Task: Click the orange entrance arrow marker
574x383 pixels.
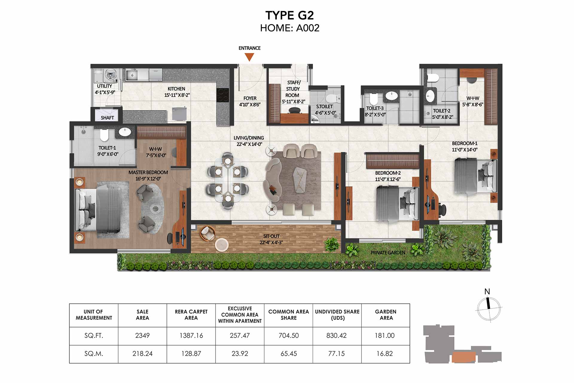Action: [x=249, y=57]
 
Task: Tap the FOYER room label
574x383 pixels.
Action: [x=250, y=98]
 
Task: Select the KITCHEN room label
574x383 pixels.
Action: [x=176, y=89]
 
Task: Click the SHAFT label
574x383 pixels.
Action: [x=107, y=118]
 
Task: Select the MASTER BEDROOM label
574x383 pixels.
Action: [x=148, y=172]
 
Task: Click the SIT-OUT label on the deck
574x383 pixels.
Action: [x=271, y=236]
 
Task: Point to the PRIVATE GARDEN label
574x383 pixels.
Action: [x=388, y=253]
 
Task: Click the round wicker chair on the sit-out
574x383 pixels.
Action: [x=207, y=233]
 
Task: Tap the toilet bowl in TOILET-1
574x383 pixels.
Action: [x=104, y=135]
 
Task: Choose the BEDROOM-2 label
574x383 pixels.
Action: [x=388, y=173]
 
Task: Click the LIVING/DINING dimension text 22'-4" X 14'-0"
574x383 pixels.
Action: [x=249, y=144]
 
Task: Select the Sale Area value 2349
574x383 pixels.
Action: [x=142, y=335]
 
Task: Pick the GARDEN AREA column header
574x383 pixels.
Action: [x=386, y=315]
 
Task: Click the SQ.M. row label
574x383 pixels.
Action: [x=94, y=354]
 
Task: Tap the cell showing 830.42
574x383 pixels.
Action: [x=337, y=335]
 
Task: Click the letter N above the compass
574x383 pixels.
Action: [x=487, y=291]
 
